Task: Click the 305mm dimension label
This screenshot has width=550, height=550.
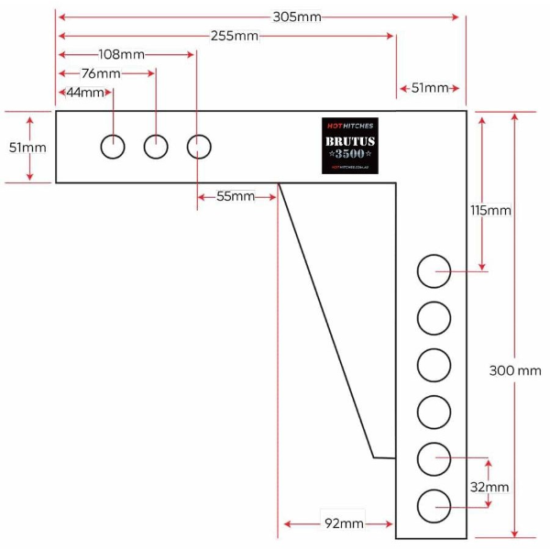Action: click(297, 16)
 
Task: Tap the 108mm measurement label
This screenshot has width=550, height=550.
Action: click(122, 55)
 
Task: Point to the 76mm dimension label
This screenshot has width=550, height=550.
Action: click(101, 73)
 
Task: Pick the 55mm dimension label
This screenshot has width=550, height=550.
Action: click(235, 196)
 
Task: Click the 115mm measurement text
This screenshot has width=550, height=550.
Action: click(489, 211)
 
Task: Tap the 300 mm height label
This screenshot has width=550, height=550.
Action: click(515, 370)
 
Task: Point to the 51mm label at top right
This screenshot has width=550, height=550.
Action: click(430, 88)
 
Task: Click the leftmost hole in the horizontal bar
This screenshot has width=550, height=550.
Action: click(113, 146)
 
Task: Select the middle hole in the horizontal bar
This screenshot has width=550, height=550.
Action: click(156, 146)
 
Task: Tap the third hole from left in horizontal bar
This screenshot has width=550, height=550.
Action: click(199, 146)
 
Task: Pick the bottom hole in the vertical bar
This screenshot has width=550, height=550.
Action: click(434, 506)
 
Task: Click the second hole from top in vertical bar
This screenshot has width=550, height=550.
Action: click(434, 319)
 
